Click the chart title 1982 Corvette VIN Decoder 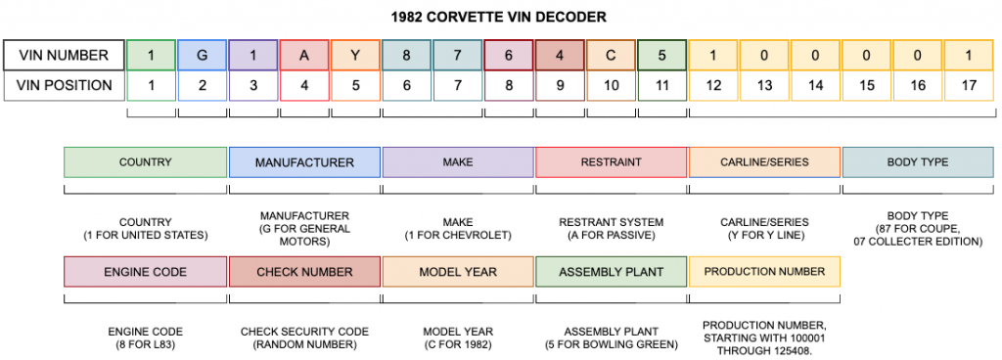coord(500,17)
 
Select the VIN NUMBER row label coord(65,55)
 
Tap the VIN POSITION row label coord(65,85)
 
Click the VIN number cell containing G coord(203,55)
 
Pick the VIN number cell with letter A coord(304,55)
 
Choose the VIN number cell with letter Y coord(355,55)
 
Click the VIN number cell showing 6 coord(509,55)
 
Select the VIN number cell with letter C coord(611,55)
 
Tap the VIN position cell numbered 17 coord(969,85)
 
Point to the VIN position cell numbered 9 coord(560,85)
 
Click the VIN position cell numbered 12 coord(713,85)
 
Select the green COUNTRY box coord(145,161)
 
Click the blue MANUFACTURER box coord(304,161)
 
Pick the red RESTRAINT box coord(611,161)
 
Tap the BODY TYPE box coord(917,161)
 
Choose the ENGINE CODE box coord(145,271)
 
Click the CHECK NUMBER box coord(304,271)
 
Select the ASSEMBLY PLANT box coord(611,271)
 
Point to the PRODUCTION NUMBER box coord(764,271)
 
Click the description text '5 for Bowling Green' coord(611,344)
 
